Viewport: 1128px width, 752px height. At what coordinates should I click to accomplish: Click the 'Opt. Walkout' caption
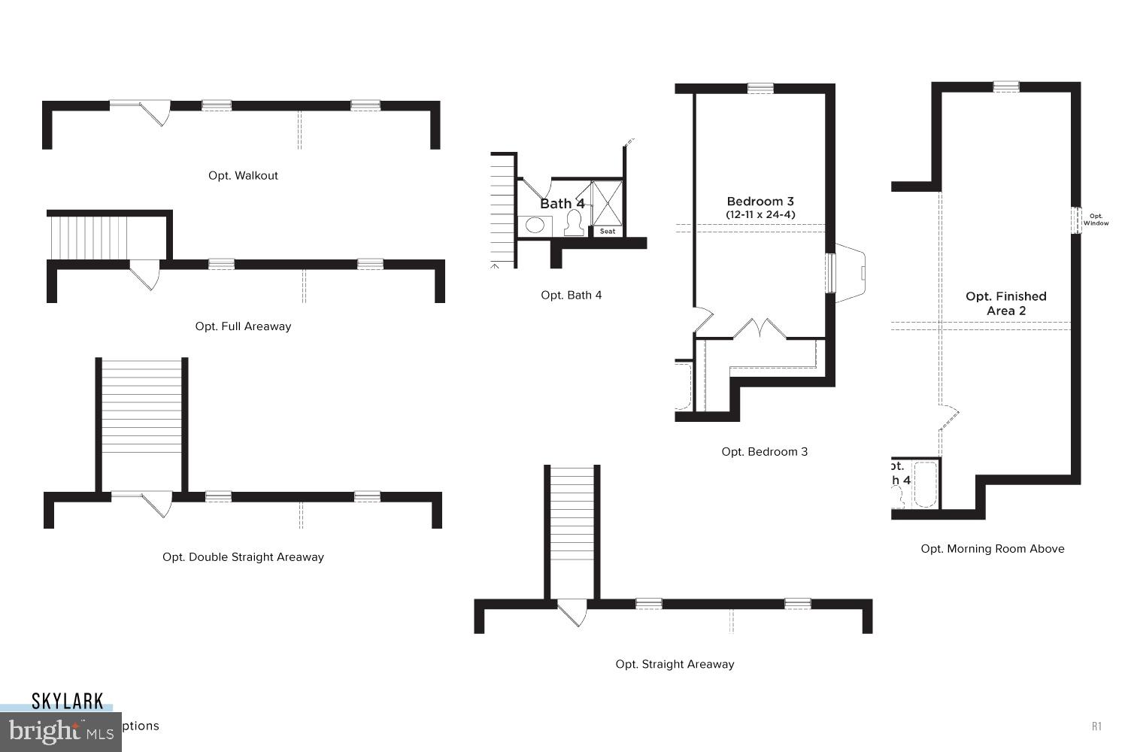tap(243, 176)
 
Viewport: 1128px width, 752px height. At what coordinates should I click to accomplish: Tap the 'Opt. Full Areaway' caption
tap(243, 326)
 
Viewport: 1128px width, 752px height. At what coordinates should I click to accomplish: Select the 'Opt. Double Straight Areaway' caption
tap(243, 557)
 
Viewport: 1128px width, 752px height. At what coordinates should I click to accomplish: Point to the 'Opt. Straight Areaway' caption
tap(675, 664)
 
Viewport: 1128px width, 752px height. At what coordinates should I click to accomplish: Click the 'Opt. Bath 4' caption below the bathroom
tap(571, 296)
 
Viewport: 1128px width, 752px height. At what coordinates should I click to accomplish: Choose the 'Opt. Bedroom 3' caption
tap(764, 452)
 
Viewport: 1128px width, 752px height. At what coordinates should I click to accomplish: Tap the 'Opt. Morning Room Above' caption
tap(992, 549)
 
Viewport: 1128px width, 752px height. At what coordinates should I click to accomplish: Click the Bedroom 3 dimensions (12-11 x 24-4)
tap(760, 214)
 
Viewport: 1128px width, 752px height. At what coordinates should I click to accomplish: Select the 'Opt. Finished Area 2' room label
tap(1005, 304)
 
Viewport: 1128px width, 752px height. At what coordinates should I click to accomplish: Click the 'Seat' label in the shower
tap(608, 231)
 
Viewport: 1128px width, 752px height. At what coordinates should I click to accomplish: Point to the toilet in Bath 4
tap(574, 223)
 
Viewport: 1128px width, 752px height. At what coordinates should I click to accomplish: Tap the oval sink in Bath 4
tap(535, 225)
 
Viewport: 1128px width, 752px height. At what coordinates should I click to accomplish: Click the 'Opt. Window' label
tap(1096, 220)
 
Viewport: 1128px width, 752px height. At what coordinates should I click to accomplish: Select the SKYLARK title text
tap(67, 702)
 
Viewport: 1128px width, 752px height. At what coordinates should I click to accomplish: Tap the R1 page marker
tap(1096, 726)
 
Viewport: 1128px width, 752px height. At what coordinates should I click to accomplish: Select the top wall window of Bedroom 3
tap(760, 88)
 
